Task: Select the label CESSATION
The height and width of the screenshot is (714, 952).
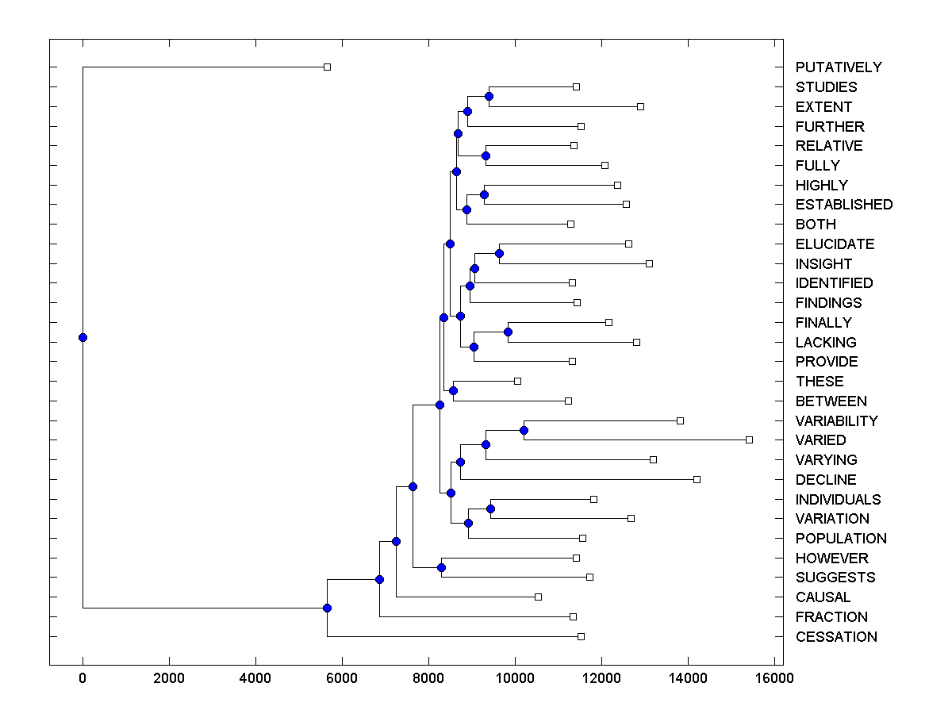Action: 836,637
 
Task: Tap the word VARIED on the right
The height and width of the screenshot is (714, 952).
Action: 820,440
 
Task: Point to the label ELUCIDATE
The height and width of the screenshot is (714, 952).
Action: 835,244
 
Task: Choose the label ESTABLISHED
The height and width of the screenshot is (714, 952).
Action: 843,205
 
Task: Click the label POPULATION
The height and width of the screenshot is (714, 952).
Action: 841,539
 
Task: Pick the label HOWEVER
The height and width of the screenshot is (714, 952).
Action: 831,559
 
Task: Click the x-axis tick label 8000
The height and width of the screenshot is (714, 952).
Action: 428,678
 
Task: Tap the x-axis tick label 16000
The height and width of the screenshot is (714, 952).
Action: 773,678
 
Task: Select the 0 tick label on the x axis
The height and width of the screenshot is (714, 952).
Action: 83,678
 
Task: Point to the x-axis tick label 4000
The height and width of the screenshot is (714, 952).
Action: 255,678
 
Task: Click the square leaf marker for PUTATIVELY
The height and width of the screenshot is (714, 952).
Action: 327,67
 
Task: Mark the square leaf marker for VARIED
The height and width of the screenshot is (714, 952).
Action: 749,440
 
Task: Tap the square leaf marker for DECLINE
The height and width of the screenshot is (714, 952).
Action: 697,479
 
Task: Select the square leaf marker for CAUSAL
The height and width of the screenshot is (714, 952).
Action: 538,597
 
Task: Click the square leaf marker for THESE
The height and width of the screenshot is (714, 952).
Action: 517,381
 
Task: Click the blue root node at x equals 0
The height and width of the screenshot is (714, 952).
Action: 83,337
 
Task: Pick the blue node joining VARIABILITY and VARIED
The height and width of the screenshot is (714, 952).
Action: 524,430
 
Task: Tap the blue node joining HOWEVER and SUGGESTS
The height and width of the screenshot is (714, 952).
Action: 441,567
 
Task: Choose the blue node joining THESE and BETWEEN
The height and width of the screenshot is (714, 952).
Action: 453,390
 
